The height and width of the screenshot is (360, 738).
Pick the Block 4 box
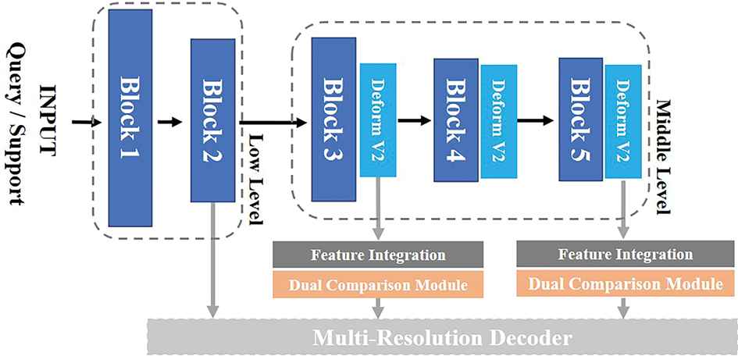pos(456,118)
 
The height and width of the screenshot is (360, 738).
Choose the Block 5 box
pos(580,118)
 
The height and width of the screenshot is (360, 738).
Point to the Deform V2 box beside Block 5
pos(622,119)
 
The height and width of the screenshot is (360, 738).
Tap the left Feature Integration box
pos(378,255)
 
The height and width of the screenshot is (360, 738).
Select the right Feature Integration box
pos(624,255)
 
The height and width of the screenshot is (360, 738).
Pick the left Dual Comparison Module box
pos(378,284)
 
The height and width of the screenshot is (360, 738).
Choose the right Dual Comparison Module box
pos(624,284)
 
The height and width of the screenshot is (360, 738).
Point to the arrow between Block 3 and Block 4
pos(415,121)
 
